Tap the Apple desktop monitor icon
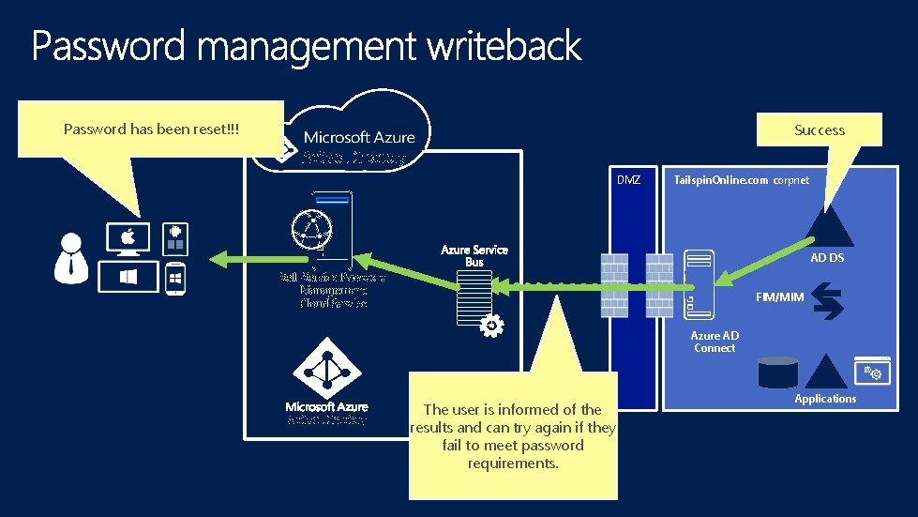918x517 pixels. pos(128,239)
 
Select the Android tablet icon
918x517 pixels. pos(174,238)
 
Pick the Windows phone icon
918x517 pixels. pos(174,280)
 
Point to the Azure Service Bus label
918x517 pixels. pos(474,255)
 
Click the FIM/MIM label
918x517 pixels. pos(779,297)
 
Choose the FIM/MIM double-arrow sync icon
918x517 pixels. pos(829,302)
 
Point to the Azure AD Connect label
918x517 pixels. pos(715,342)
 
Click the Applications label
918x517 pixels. pos(825,399)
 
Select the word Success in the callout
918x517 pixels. pos(820,130)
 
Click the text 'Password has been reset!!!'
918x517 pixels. pos(151,129)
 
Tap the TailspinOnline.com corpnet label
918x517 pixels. pos(741,179)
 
